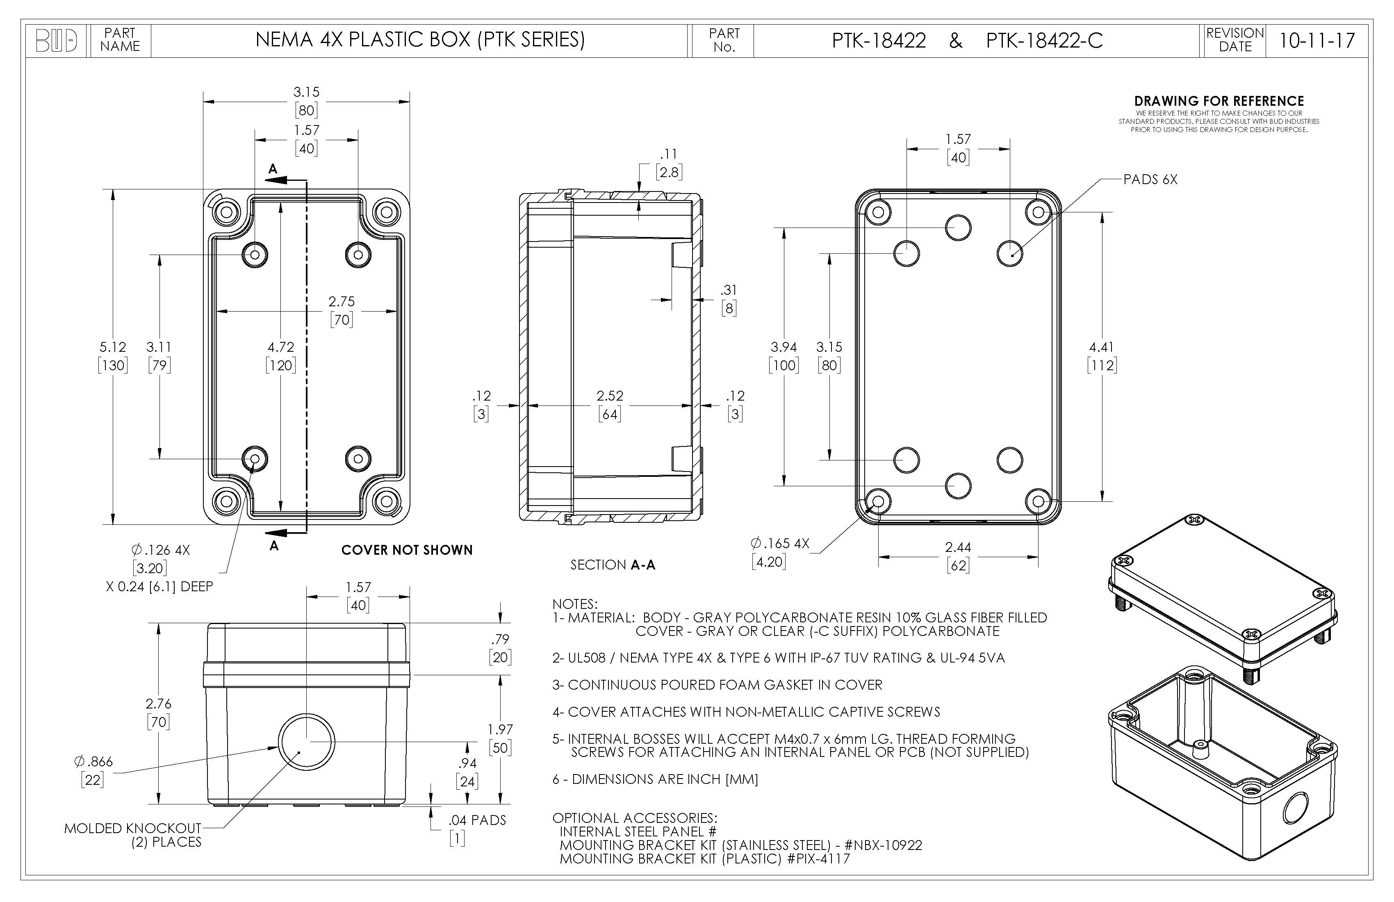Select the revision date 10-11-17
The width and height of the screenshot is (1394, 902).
click(1317, 41)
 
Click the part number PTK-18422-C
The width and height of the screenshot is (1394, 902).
click(1044, 41)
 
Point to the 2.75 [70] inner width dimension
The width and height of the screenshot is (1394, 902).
click(342, 310)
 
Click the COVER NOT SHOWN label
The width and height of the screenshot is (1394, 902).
click(406, 550)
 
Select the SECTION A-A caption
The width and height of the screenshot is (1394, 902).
click(613, 565)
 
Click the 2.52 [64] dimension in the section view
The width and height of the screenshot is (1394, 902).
click(610, 405)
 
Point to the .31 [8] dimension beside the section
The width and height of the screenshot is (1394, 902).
click(729, 299)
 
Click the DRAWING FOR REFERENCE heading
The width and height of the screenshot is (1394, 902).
click(1219, 101)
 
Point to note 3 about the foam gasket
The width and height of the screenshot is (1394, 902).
click(717, 685)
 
